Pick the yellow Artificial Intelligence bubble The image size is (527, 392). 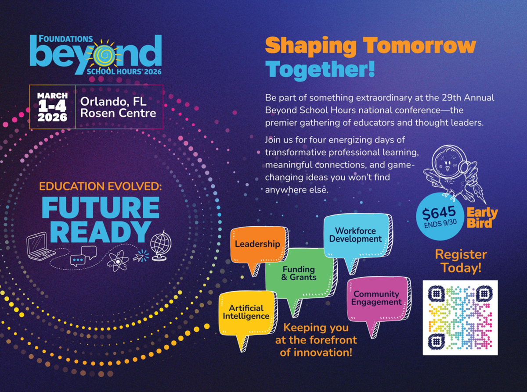click(248, 313)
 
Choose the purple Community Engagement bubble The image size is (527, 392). click(379, 299)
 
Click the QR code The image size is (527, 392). click(460, 318)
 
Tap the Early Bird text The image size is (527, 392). click(482, 218)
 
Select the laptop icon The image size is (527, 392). click(39, 247)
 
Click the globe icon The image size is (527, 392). click(161, 246)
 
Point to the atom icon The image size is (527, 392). click(118, 261)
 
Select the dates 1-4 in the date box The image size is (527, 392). click(52, 106)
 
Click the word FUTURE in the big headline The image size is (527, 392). click(101, 207)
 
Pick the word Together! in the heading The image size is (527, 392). click(320, 69)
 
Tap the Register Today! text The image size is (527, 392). click(461, 261)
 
